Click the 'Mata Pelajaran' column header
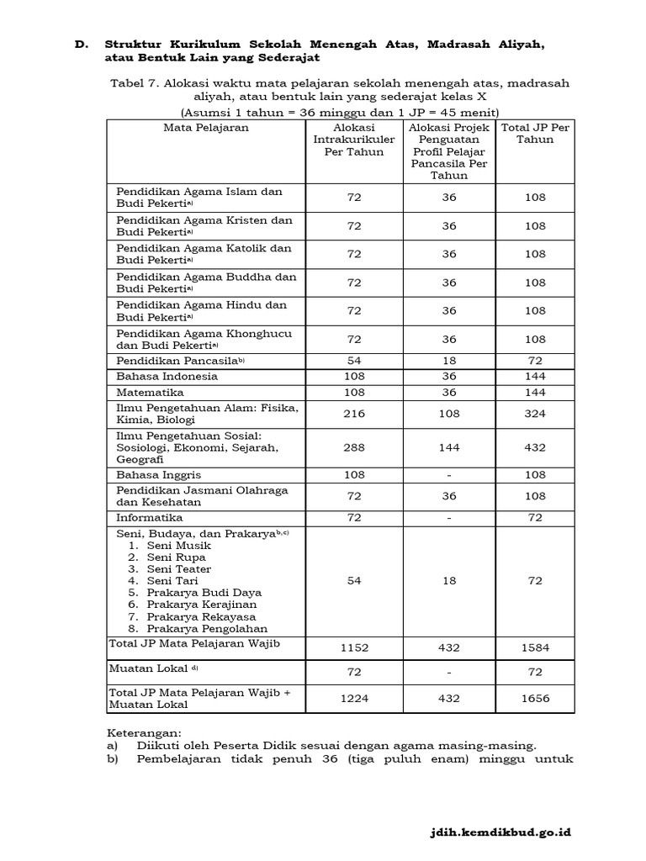(206, 129)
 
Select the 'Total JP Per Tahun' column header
(535, 134)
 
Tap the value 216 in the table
(354, 414)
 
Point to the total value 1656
(535, 698)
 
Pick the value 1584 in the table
(535, 648)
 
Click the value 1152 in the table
(354, 648)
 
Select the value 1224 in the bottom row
(354, 698)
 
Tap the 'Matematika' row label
(150, 393)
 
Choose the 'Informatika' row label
(150, 518)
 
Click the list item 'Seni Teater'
(179, 568)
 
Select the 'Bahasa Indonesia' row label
(167, 376)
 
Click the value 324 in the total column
(535, 414)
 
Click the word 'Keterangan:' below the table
(145, 732)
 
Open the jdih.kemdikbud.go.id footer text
(496, 832)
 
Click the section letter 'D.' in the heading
(81, 44)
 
